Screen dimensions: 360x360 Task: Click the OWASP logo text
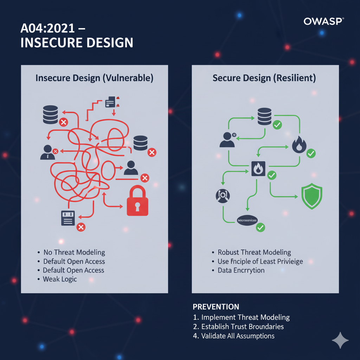pos(323,21)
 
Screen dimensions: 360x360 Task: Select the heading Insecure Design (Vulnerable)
pos(94,78)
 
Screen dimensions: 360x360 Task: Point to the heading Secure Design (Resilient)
pos(264,78)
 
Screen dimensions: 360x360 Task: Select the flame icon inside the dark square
pos(258,169)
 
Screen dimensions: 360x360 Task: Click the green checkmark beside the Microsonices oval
pos(261,227)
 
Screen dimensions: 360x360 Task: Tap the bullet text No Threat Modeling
pos(74,252)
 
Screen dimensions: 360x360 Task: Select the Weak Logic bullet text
pos(60,279)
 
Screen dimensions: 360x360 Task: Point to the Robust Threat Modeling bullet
pos(254,252)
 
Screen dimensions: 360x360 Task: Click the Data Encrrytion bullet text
pos(241,270)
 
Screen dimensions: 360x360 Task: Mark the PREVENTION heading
pos(216,307)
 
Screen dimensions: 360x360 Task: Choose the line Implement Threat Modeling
pos(245,317)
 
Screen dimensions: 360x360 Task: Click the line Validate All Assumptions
pos(238,336)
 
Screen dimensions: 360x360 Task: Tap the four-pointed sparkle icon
pos(340,340)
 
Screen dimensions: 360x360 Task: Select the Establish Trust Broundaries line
pos(242,327)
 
